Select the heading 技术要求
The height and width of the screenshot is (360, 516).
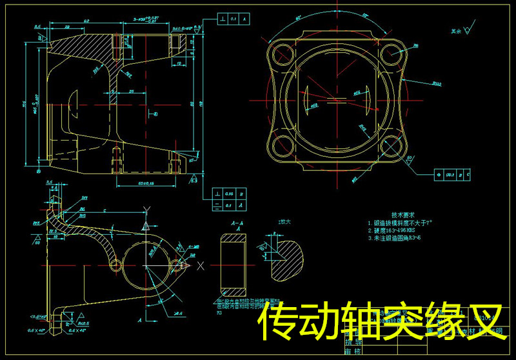coord(403,214)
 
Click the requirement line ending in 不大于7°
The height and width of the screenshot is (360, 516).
coord(400,222)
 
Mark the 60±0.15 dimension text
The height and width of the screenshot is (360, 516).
coord(149,184)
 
